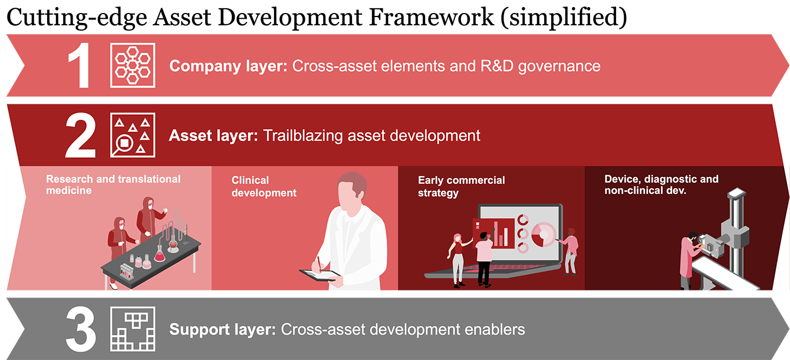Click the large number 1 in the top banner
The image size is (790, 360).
click(80, 65)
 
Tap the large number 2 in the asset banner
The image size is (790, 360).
click(81, 135)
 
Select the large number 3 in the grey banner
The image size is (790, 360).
click(81, 329)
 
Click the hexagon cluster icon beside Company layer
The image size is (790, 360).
click(133, 65)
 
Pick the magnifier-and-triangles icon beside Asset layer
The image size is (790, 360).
click(133, 135)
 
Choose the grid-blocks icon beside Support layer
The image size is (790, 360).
click(133, 329)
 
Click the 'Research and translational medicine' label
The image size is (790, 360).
click(113, 184)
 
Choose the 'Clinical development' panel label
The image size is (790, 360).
click(264, 187)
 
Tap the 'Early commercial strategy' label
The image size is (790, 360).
click(461, 187)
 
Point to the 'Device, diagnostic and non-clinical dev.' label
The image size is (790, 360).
click(661, 184)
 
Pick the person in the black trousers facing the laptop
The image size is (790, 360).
click(483, 259)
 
